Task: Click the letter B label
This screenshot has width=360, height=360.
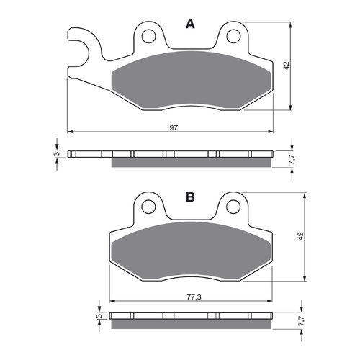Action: click(190, 196)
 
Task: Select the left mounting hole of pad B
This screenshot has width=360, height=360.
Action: click(149, 207)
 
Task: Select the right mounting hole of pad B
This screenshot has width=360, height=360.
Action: click(232, 207)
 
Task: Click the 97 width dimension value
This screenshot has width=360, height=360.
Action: click(174, 127)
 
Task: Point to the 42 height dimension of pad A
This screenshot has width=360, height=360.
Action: click(286, 65)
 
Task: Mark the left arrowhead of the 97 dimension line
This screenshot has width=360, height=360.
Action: click(70, 132)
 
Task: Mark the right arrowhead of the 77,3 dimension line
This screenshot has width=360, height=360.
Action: click(271, 300)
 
